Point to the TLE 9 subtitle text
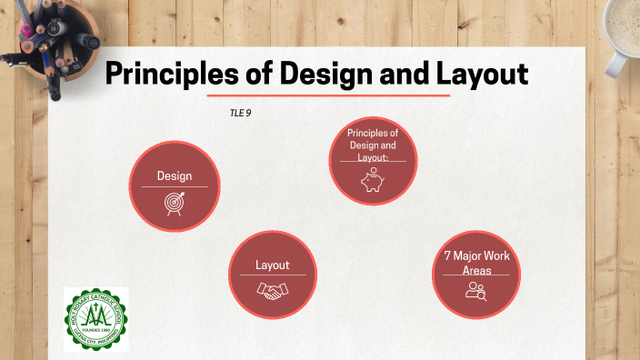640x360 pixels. (240, 114)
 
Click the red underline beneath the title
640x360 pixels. (328, 95)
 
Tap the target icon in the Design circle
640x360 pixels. (173, 203)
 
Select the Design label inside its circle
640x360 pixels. (174, 175)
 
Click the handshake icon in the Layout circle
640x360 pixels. (272, 290)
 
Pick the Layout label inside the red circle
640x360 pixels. (272, 265)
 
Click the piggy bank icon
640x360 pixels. (373, 181)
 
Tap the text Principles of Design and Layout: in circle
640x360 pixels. (373, 145)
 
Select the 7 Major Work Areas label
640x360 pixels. (476, 263)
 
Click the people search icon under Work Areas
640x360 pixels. (476, 291)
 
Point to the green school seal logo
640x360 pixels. (95, 319)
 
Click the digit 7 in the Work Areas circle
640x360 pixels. (448, 255)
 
